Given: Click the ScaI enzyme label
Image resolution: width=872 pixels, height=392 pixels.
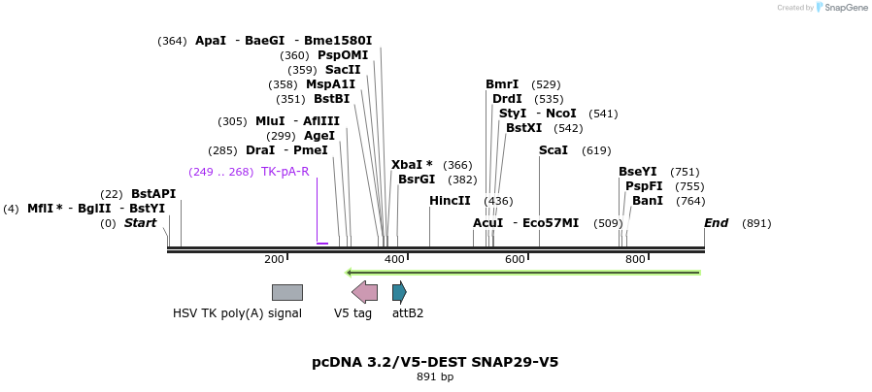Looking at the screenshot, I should point(553,150).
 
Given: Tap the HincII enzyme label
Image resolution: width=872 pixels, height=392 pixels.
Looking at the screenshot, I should point(450,201).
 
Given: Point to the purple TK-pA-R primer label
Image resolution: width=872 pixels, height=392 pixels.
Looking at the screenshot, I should point(285,172).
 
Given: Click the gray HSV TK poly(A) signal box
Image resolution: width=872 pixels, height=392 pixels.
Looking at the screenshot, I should point(286,292).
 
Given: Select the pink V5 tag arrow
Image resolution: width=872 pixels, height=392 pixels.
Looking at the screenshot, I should point(364,292).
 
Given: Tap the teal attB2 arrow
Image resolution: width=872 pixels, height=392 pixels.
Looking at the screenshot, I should point(399,292).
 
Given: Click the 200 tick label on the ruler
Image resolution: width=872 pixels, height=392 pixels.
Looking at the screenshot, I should point(274,259).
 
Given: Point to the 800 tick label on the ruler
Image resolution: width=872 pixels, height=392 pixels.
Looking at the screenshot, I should point(635,259).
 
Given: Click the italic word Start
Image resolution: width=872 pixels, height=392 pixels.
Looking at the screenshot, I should point(140,223).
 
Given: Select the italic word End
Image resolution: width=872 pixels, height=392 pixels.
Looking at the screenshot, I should point(716,223).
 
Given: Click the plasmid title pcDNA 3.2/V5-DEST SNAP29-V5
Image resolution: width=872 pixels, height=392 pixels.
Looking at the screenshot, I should point(435,362).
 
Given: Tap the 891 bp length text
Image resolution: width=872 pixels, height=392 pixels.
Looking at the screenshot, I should point(435,376).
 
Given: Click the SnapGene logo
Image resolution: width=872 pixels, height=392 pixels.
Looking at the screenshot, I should point(842,8).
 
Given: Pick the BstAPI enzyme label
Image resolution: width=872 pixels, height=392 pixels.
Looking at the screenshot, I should point(153,194).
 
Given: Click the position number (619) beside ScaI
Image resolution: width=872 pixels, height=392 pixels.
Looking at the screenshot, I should point(596,150).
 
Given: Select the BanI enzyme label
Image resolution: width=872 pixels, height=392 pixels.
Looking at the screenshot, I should point(648,201).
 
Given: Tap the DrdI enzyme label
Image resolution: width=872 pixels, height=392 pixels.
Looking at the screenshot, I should point(507,99).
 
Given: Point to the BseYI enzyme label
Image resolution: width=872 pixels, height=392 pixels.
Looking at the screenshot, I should point(638,172).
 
